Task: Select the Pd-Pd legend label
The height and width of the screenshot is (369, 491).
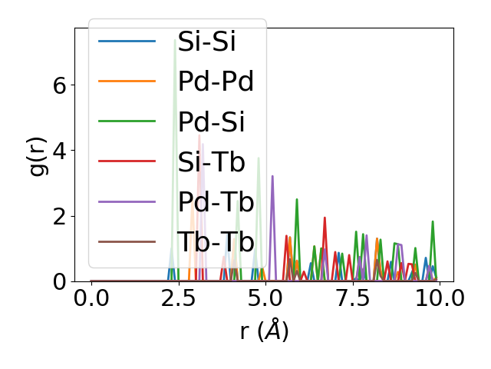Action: coord(216,81)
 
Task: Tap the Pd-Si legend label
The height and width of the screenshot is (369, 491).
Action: coord(211,121)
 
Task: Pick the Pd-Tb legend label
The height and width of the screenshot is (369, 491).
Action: coord(216,201)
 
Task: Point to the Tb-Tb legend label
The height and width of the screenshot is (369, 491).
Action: coord(216,242)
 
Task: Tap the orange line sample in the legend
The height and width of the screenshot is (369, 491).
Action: coord(127,81)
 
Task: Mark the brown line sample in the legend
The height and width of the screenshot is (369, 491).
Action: coord(127,242)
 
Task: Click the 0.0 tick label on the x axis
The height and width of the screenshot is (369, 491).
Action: coord(91,298)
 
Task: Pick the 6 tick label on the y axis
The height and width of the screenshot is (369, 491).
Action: coord(60,85)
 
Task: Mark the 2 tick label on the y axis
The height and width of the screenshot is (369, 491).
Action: coord(60,217)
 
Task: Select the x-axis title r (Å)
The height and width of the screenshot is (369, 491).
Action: coord(264,331)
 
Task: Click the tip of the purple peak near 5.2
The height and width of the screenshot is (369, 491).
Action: coord(272,176)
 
